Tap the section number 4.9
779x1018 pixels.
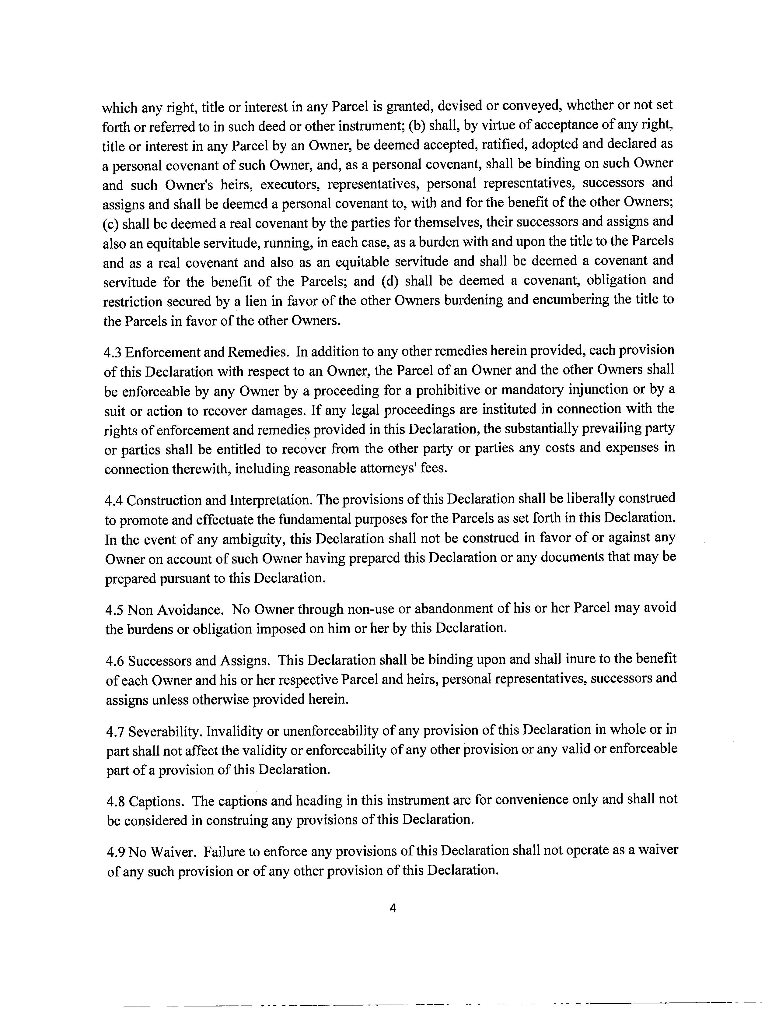116,852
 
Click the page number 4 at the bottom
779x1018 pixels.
393,908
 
